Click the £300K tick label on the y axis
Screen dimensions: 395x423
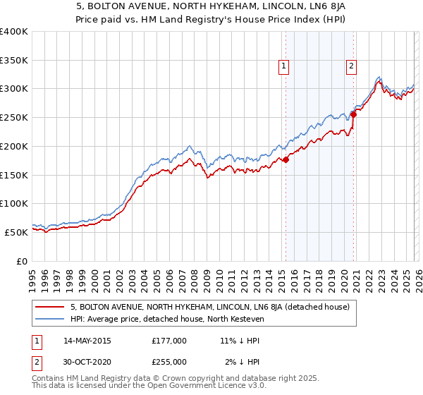[14, 89]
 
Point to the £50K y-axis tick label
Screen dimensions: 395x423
[16, 232]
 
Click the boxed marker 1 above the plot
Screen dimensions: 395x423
[283, 67]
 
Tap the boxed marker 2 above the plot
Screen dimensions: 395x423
[350, 67]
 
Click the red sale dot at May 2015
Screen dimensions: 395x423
[286, 160]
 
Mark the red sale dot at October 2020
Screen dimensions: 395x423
[353, 116]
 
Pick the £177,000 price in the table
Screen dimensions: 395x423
[169, 341]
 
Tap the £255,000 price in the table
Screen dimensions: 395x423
[169, 362]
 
